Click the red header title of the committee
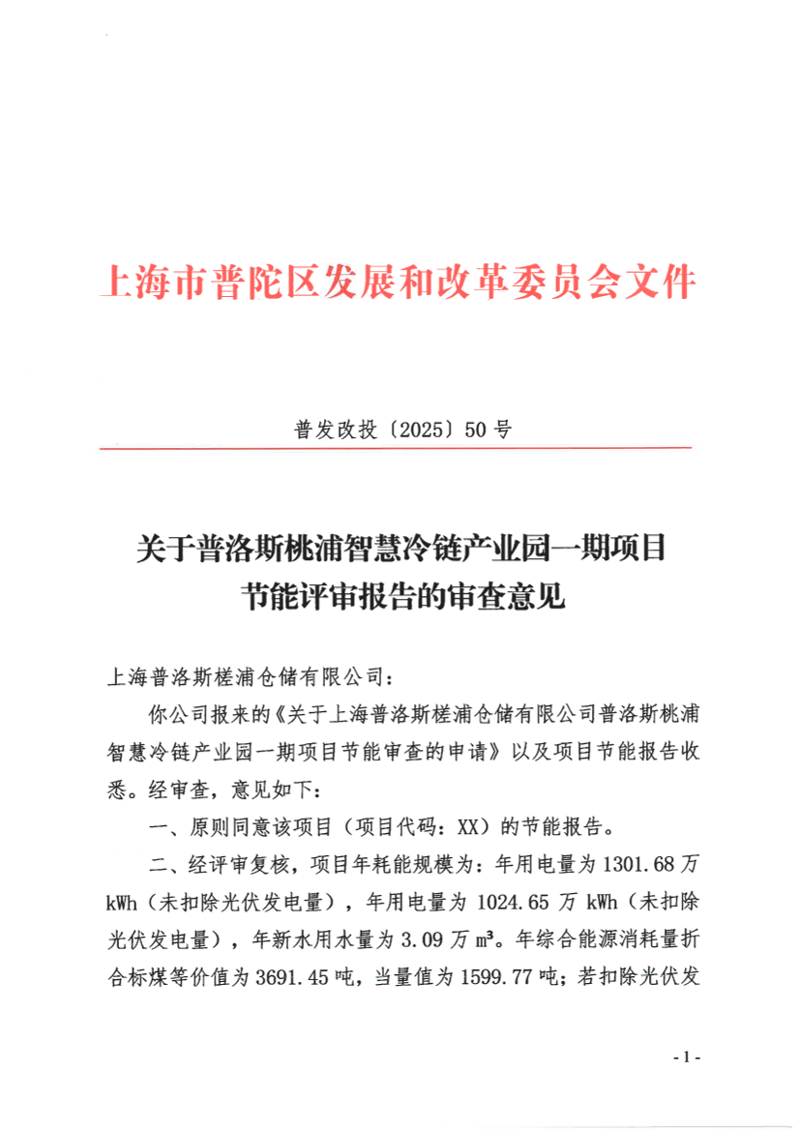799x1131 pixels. [x=399, y=282]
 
